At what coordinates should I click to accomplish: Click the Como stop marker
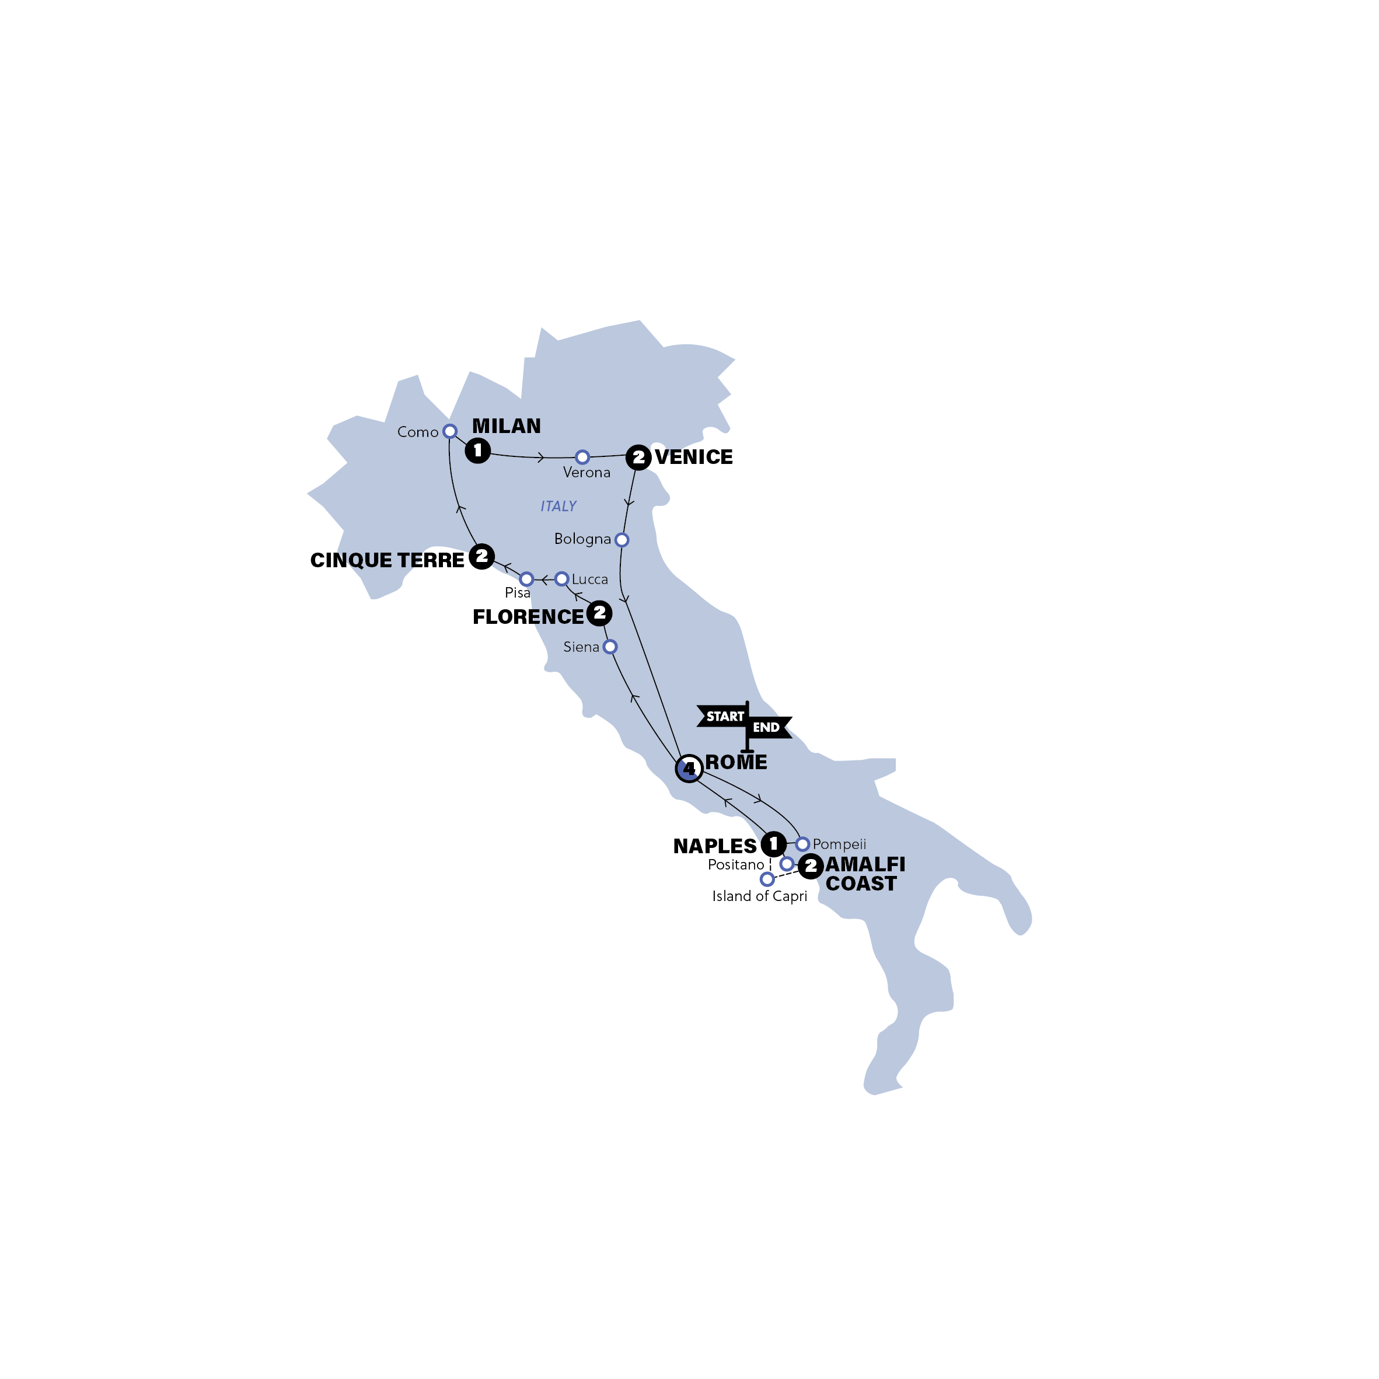pos(450,431)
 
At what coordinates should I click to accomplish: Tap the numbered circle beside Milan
pos(477,451)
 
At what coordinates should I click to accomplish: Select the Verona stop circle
pos(582,457)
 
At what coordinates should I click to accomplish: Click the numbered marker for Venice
pos(638,457)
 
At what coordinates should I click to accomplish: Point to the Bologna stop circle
pos(622,540)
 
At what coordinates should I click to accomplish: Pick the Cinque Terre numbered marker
pos(482,556)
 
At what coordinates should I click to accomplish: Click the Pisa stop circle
pos(526,579)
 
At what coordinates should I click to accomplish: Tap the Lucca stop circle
pos(562,579)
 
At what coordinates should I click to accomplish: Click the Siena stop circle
pos(610,647)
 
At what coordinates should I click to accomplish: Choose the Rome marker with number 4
pos(689,769)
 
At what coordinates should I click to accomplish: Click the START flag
pos(722,716)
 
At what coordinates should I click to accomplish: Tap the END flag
pos(768,727)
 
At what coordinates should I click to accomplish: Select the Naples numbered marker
pos(773,844)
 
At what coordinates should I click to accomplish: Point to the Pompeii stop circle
pos(802,844)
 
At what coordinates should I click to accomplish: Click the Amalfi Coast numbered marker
pos(810,867)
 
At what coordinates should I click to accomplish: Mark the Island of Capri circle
pos(767,879)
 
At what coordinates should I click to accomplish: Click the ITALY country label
pos(558,506)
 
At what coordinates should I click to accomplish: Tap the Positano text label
pos(736,865)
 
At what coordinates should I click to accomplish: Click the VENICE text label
pos(694,457)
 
